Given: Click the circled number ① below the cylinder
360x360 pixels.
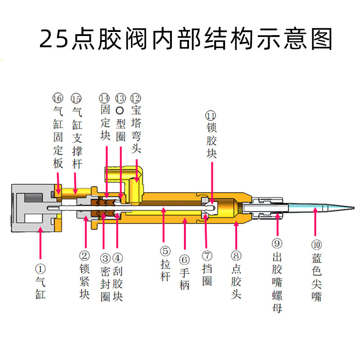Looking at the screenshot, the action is [40, 269].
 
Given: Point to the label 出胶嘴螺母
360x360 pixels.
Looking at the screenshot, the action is [277, 283].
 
